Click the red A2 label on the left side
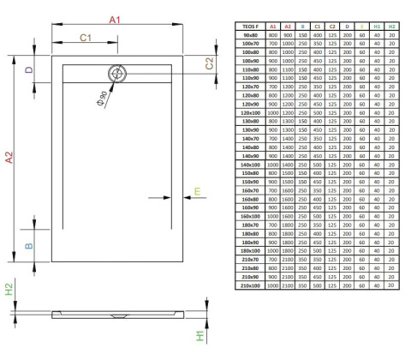click(9, 158)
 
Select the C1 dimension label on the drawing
click(86, 38)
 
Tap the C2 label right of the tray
click(209, 63)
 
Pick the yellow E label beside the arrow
click(198, 191)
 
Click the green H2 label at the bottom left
click(9, 291)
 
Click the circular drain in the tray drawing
click(118, 74)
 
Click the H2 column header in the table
click(391, 27)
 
